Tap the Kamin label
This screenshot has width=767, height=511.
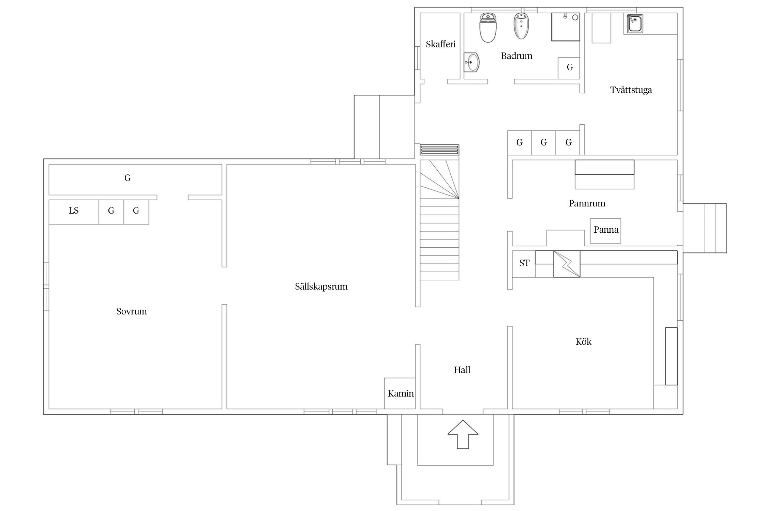(401, 393)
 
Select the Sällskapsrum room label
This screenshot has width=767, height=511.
(321, 287)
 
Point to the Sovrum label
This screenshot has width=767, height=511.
(132, 311)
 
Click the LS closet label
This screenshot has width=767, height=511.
(74, 211)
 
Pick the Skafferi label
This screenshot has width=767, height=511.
(441, 44)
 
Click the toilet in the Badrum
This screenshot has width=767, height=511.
(488, 28)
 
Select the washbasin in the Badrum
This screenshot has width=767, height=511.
(471, 63)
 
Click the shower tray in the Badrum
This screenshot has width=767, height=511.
(566, 27)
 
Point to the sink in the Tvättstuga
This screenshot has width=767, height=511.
(634, 24)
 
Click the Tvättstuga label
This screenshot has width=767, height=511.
(631, 90)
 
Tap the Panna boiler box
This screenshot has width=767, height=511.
(605, 231)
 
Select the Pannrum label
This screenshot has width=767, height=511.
(587, 203)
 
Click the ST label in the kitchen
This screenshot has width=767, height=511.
(524, 263)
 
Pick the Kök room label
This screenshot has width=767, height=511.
(584, 342)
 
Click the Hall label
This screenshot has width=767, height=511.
(462, 370)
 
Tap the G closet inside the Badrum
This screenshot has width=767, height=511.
(569, 68)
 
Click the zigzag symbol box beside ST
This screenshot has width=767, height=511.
(567, 264)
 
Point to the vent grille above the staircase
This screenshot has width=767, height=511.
(439, 150)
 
